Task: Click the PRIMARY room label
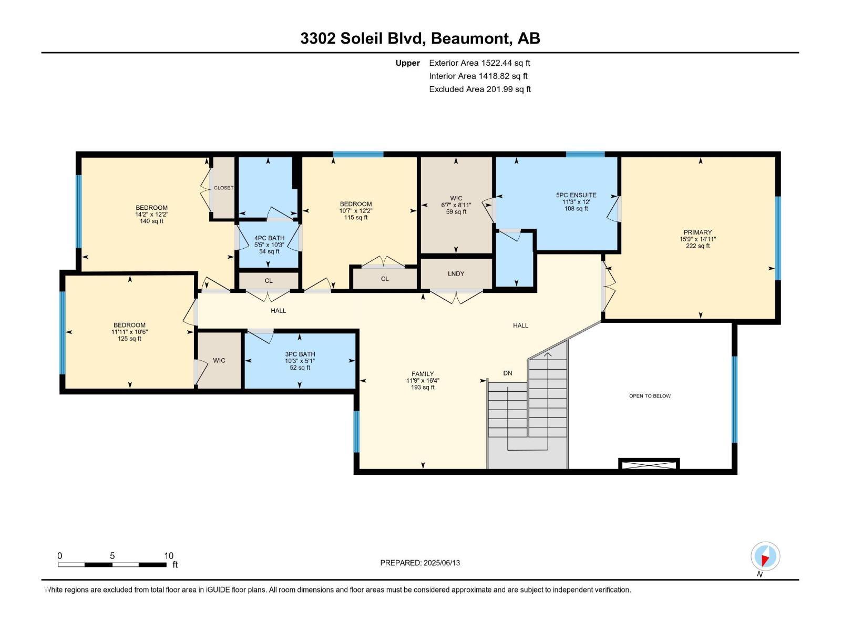(698, 232)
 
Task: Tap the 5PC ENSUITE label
(576, 195)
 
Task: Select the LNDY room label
(456, 274)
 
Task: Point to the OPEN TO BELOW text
(650, 396)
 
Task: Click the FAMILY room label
(423, 374)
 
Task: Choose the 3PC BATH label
(300, 354)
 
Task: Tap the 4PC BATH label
(269, 238)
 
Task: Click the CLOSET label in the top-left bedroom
(223, 188)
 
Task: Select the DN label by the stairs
(507, 373)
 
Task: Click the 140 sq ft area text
(151, 221)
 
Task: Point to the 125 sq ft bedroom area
(129, 339)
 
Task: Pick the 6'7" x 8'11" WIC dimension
(456, 205)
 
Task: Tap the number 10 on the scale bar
(168, 556)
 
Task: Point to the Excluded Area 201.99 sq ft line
(479, 89)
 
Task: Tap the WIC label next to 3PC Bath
(219, 360)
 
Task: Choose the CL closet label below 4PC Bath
(269, 281)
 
